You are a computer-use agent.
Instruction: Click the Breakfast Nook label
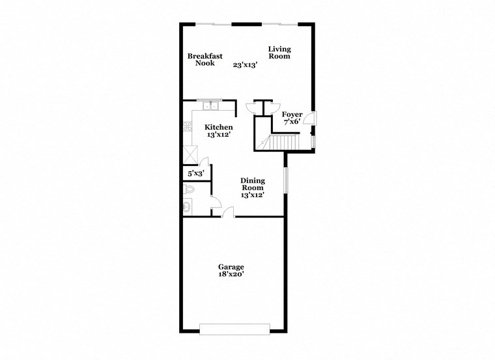tap(205, 60)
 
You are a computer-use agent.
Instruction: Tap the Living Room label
tap(279, 53)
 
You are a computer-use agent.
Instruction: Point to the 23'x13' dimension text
tap(246, 64)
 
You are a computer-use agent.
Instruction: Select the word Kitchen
tap(218, 127)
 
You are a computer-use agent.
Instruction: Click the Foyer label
tap(292, 114)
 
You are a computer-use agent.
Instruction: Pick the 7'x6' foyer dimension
tap(291, 122)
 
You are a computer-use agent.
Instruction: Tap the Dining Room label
tap(253, 184)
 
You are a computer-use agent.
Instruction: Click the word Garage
tap(231, 267)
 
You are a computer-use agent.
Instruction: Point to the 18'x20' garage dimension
tap(231, 275)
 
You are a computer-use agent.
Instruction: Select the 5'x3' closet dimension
tap(196, 174)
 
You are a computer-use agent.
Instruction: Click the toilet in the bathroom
tap(190, 189)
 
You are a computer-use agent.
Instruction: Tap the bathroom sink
tap(188, 207)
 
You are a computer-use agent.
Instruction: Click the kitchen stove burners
tap(188, 124)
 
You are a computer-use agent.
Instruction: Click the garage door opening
tap(234, 329)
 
